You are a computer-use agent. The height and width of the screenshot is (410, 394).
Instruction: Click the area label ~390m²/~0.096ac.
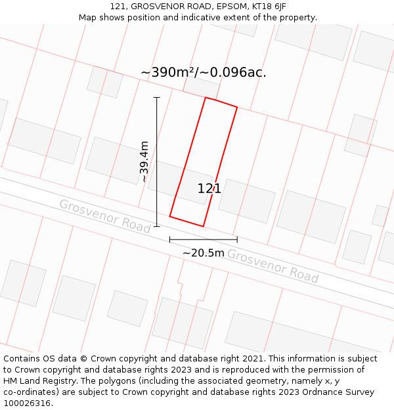click(x=204, y=72)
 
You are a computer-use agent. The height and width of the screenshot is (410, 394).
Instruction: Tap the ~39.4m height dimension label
click(x=144, y=161)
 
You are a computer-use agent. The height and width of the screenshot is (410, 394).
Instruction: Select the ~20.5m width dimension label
click(x=204, y=253)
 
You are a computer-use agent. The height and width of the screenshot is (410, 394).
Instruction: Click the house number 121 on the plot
click(x=209, y=189)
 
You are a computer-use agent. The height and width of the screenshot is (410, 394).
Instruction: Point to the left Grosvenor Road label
click(x=105, y=215)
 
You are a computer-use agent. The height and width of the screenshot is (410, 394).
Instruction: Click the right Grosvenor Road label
click(x=273, y=266)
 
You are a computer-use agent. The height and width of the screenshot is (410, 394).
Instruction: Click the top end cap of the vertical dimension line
click(x=157, y=97)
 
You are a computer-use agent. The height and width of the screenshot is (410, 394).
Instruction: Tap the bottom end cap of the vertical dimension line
click(x=157, y=226)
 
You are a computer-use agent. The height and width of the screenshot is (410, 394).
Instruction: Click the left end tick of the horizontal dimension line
click(x=169, y=239)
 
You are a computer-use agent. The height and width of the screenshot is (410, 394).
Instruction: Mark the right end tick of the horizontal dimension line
click(x=237, y=239)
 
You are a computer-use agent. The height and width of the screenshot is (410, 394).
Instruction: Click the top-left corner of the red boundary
click(x=206, y=98)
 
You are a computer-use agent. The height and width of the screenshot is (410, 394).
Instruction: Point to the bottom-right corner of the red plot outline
click(x=203, y=226)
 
